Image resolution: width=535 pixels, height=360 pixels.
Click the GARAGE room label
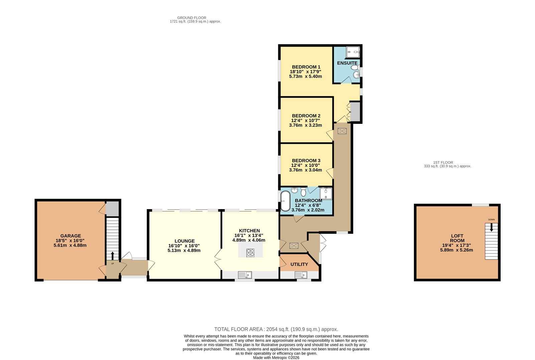[x=71, y=236]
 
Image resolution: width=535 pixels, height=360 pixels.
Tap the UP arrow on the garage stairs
[x=112, y=256]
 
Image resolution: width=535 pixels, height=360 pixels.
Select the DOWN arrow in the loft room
[x=491, y=227]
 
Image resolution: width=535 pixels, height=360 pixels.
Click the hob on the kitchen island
[x=250, y=253]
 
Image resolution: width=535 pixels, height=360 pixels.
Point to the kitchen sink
[x=245, y=275]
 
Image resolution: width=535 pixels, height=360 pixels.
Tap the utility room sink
[x=301, y=275]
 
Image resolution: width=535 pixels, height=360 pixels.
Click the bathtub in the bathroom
[x=285, y=201]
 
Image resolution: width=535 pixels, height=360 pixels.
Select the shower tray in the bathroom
[x=326, y=194]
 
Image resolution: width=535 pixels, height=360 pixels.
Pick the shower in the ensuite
[x=353, y=52]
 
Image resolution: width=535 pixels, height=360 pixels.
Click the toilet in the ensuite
[x=355, y=68]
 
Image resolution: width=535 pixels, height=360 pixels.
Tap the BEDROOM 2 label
[x=306, y=116]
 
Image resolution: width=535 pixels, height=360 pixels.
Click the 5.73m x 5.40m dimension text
[x=306, y=77]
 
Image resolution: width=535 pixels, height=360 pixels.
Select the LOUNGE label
[x=184, y=241]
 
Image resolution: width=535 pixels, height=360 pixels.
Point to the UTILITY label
[x=299, y=264]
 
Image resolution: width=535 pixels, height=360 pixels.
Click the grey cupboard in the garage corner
[x=112, y=209]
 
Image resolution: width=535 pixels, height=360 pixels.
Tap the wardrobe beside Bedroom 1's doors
[x=355, y=112]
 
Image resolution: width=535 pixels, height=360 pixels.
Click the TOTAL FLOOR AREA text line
[x=276, y=329]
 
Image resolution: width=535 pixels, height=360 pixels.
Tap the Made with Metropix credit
[x=276, y=358]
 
